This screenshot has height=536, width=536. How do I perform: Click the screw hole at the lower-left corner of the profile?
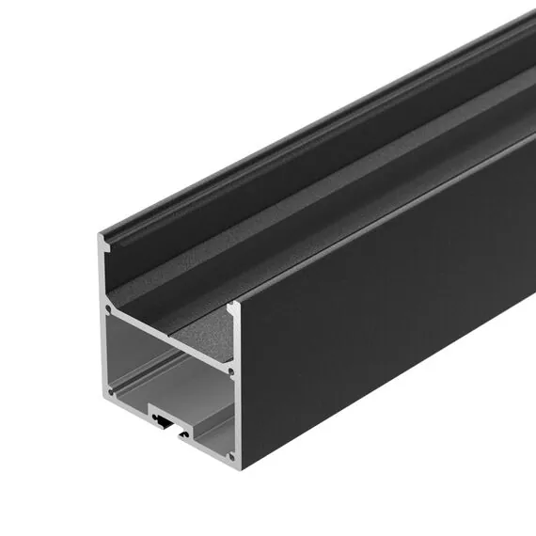pyautogui.click(x=111, y=389)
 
